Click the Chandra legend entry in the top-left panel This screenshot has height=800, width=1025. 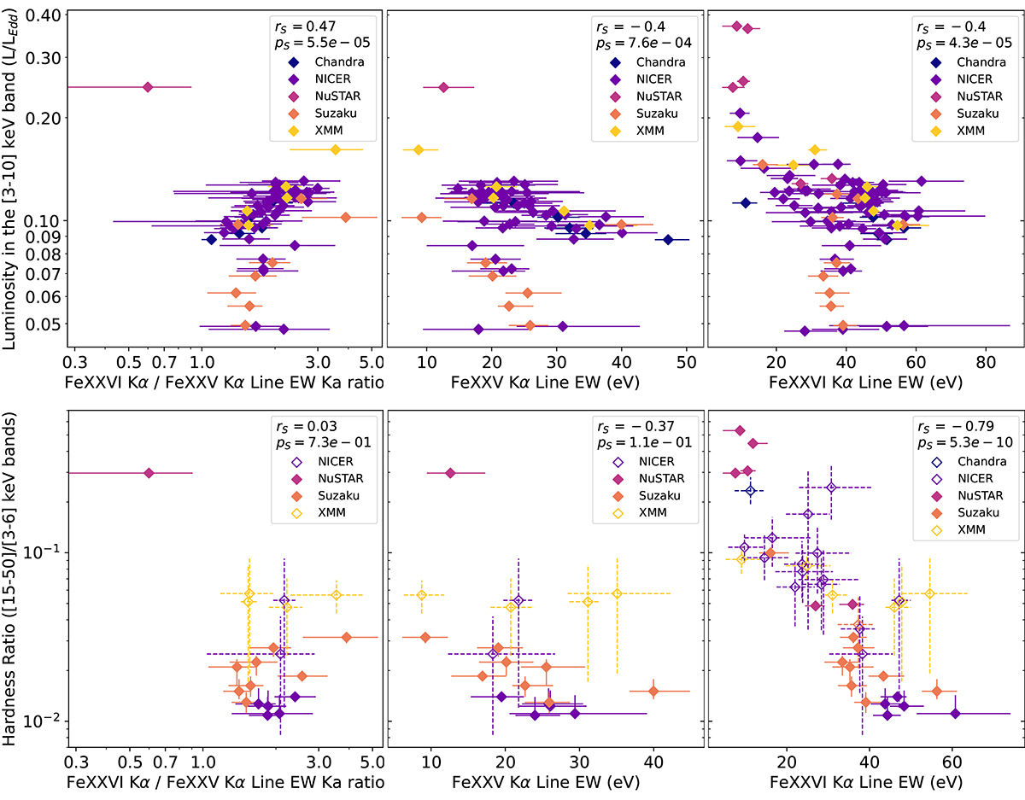(x=313, y=61)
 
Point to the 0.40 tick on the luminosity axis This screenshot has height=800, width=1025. (x=48, y=15)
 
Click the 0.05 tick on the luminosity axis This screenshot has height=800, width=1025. (x=48, y=324)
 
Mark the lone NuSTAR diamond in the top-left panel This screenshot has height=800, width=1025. (x=148, y=87)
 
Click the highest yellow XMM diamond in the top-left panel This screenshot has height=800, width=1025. (x=335, y=149)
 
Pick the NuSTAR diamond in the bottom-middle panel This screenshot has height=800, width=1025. (x=451, y=473)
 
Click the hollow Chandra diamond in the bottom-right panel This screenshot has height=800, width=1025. (x=751, y=490)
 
